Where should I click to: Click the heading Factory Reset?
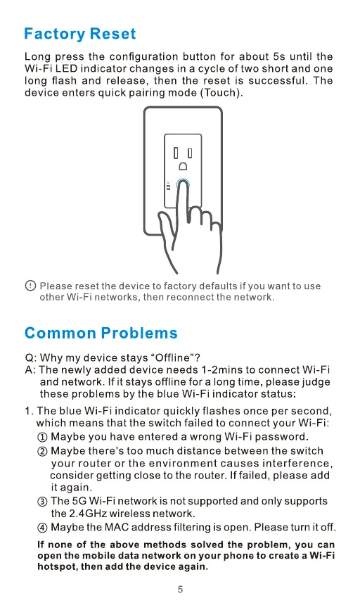coord(79,34)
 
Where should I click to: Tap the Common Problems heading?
coord(101,333)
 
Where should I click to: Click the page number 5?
coord(180,590)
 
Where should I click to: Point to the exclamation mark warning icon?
coord(30,286)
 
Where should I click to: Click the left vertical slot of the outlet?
coord(176,153)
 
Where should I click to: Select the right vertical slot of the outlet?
coord(190,153)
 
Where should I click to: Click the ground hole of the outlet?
coord(183,166)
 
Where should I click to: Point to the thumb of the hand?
coord(165,227)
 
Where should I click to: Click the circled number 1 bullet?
coord(42,437)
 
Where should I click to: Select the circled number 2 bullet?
coord(42,451)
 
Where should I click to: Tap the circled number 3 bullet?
coord(42,502)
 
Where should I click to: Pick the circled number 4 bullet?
coord(42,528)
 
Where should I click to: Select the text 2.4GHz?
coord(89,514)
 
